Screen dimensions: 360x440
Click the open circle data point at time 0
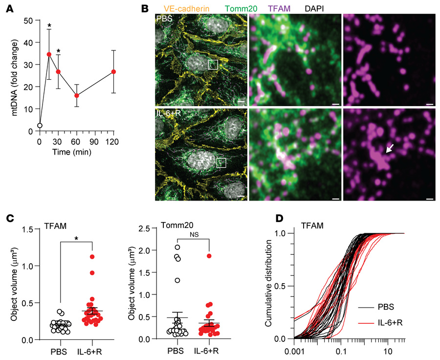pos(40,126)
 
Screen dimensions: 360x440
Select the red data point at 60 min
pos(77,95)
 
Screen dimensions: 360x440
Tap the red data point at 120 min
pos(113,71)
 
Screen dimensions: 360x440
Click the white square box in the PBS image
pos(212,64)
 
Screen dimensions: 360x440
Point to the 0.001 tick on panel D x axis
pos(293,351)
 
